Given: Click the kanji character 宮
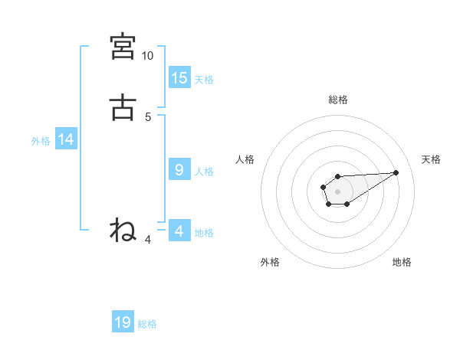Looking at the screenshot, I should pos(123,47).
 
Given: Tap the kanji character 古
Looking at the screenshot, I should pos(123,107).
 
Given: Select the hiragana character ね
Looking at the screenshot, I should pos(123,229).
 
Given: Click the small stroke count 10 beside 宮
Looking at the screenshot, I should pos(147,56).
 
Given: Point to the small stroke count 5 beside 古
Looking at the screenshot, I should pos(148,116).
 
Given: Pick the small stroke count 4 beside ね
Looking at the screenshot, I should pos(148,239).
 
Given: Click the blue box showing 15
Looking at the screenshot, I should pos(179,78).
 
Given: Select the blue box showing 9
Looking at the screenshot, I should pos(179,170).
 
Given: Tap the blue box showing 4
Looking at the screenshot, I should pos(179,231).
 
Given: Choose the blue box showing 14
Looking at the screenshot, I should pos(66,139).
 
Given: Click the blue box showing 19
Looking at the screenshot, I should pos(123,322).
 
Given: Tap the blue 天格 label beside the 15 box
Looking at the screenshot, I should pos(204,80).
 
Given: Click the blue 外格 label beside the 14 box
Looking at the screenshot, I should pos(41,141).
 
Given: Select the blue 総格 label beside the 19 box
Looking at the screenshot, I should pos(147,324).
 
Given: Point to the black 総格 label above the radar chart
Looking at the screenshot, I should pos(337,100).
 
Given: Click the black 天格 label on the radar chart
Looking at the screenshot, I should pos(432,159).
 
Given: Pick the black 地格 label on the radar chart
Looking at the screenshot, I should pos(402,262).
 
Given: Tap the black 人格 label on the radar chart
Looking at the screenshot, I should pos(245,159).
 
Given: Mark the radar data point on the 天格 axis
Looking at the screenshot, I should pos(396,172).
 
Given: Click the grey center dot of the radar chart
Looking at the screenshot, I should pos(337,191).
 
